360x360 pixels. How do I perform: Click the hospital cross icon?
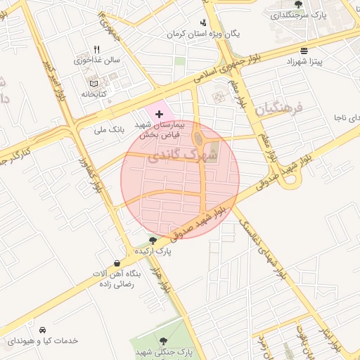pyautogui.click(x=159, y=113)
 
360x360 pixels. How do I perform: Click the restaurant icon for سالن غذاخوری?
pyautogui.click(x=97, y=49)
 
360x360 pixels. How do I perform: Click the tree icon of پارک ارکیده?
pyautogui.click(x=153, y=240)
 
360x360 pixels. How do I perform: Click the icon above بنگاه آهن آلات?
pyautogui.click(x=117, y=263)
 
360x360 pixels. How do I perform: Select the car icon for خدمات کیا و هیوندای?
pyautogui.click(x=43, y=330)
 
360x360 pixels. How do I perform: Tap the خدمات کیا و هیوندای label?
pyautogui.click(x=42, y=341)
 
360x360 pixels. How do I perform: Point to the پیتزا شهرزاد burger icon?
pyautogui.click(x=304, y=51)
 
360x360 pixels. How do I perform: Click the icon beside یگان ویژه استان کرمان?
pyautogui.click(x=203, y=22)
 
